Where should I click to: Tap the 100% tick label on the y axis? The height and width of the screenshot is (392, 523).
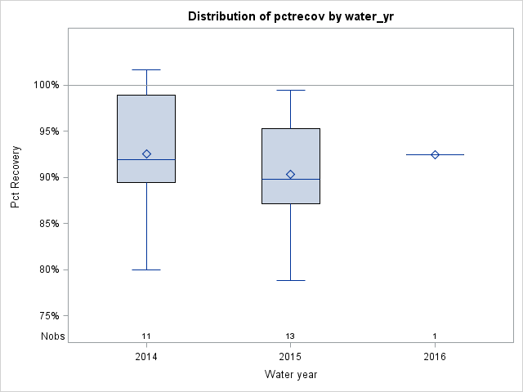point(46,85)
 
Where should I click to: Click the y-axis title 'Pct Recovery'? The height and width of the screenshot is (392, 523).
point(16,177)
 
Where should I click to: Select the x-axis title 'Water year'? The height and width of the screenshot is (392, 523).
point(290,375)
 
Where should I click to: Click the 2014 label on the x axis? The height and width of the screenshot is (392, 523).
point(146,357)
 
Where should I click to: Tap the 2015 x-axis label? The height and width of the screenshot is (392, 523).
point(290,357)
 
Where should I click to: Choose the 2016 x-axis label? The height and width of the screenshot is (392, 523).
point(435,357)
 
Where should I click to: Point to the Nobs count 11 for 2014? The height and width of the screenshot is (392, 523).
point(146,336)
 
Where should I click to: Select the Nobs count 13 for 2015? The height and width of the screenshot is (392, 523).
point(290,336)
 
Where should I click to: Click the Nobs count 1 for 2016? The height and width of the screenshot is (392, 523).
point(435,336)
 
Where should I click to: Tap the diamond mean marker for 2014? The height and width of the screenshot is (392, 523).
point(146,154)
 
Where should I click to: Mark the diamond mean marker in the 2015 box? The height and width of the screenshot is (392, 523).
point(290,174)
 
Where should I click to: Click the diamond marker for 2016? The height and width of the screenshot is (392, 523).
point(435,154)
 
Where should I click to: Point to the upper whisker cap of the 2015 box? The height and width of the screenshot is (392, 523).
point(290,90)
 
